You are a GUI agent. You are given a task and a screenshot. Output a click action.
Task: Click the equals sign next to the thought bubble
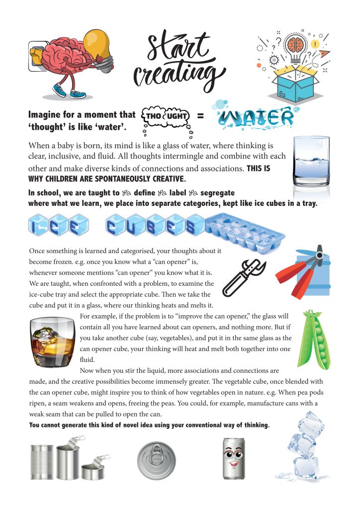click(x=201, y=116)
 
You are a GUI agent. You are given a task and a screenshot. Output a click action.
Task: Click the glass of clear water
click(x=311, y=161)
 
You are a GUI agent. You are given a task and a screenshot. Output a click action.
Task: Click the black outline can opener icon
click(x=241, y=278)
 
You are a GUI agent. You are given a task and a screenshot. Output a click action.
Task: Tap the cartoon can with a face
click(x=233, y=459)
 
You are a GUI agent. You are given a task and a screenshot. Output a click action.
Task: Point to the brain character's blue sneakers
click(x=68, y=91)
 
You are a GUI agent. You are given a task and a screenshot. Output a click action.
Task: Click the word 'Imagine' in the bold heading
click(x=49, y=115)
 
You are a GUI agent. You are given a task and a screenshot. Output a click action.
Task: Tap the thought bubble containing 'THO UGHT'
click(x=167, y=117)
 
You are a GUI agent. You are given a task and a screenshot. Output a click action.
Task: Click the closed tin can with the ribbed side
click(x=42, y=462)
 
